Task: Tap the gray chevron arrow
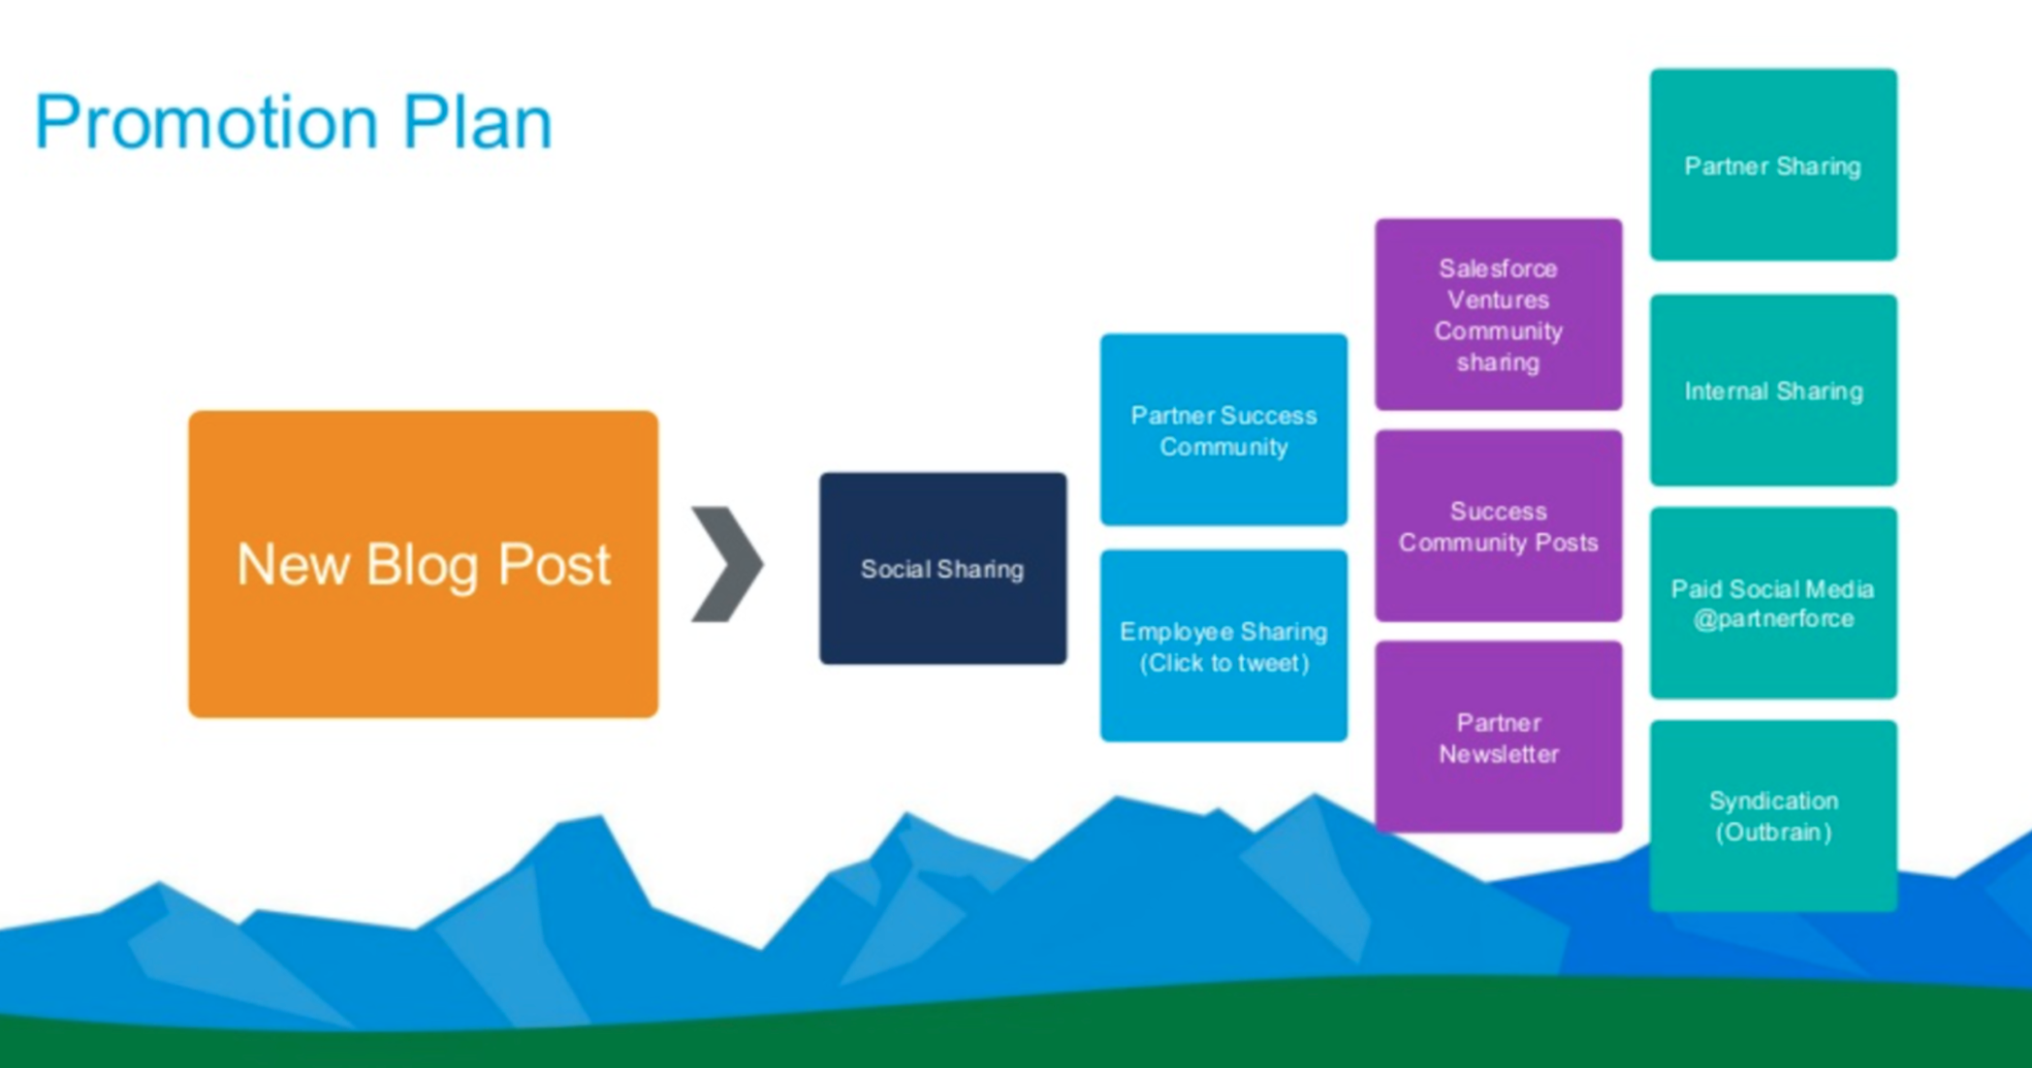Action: (x=727, y=563)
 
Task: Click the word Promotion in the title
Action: (x=206, y=123)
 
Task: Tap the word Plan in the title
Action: (x=477, y=123)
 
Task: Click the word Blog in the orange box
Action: (x=423, y=565)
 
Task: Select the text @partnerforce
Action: (x=1773, y=619)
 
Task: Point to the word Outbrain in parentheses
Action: (x=1773, y=832)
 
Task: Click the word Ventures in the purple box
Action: (x=1498, y=299)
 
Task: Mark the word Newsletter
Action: (x=1498, y=754)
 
